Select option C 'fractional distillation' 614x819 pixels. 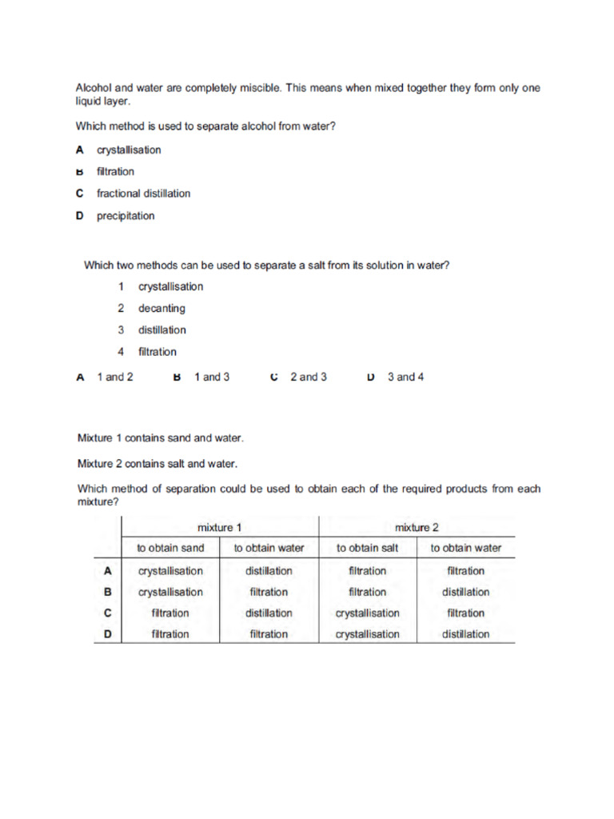point(143,194)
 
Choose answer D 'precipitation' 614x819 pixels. point(126,216)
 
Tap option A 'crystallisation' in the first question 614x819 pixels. point(129,150)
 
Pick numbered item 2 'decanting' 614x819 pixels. point(161,309)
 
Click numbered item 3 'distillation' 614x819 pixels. point(161,330)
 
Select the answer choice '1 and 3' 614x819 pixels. point(212,378)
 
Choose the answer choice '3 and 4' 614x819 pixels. point(405,378)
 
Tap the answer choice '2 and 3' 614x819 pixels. point(308,378)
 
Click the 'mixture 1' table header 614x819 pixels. point(219,528)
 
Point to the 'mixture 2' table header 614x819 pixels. point(417,528)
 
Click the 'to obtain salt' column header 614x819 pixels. point(367,549)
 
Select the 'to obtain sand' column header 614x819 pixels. point(170,549)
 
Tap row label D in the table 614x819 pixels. point(107,634)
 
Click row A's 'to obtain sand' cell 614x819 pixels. point(170,571)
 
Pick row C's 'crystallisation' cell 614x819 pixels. point(367,613)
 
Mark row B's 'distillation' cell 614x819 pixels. point(465,593)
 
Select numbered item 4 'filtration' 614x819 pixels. point(157,352)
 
